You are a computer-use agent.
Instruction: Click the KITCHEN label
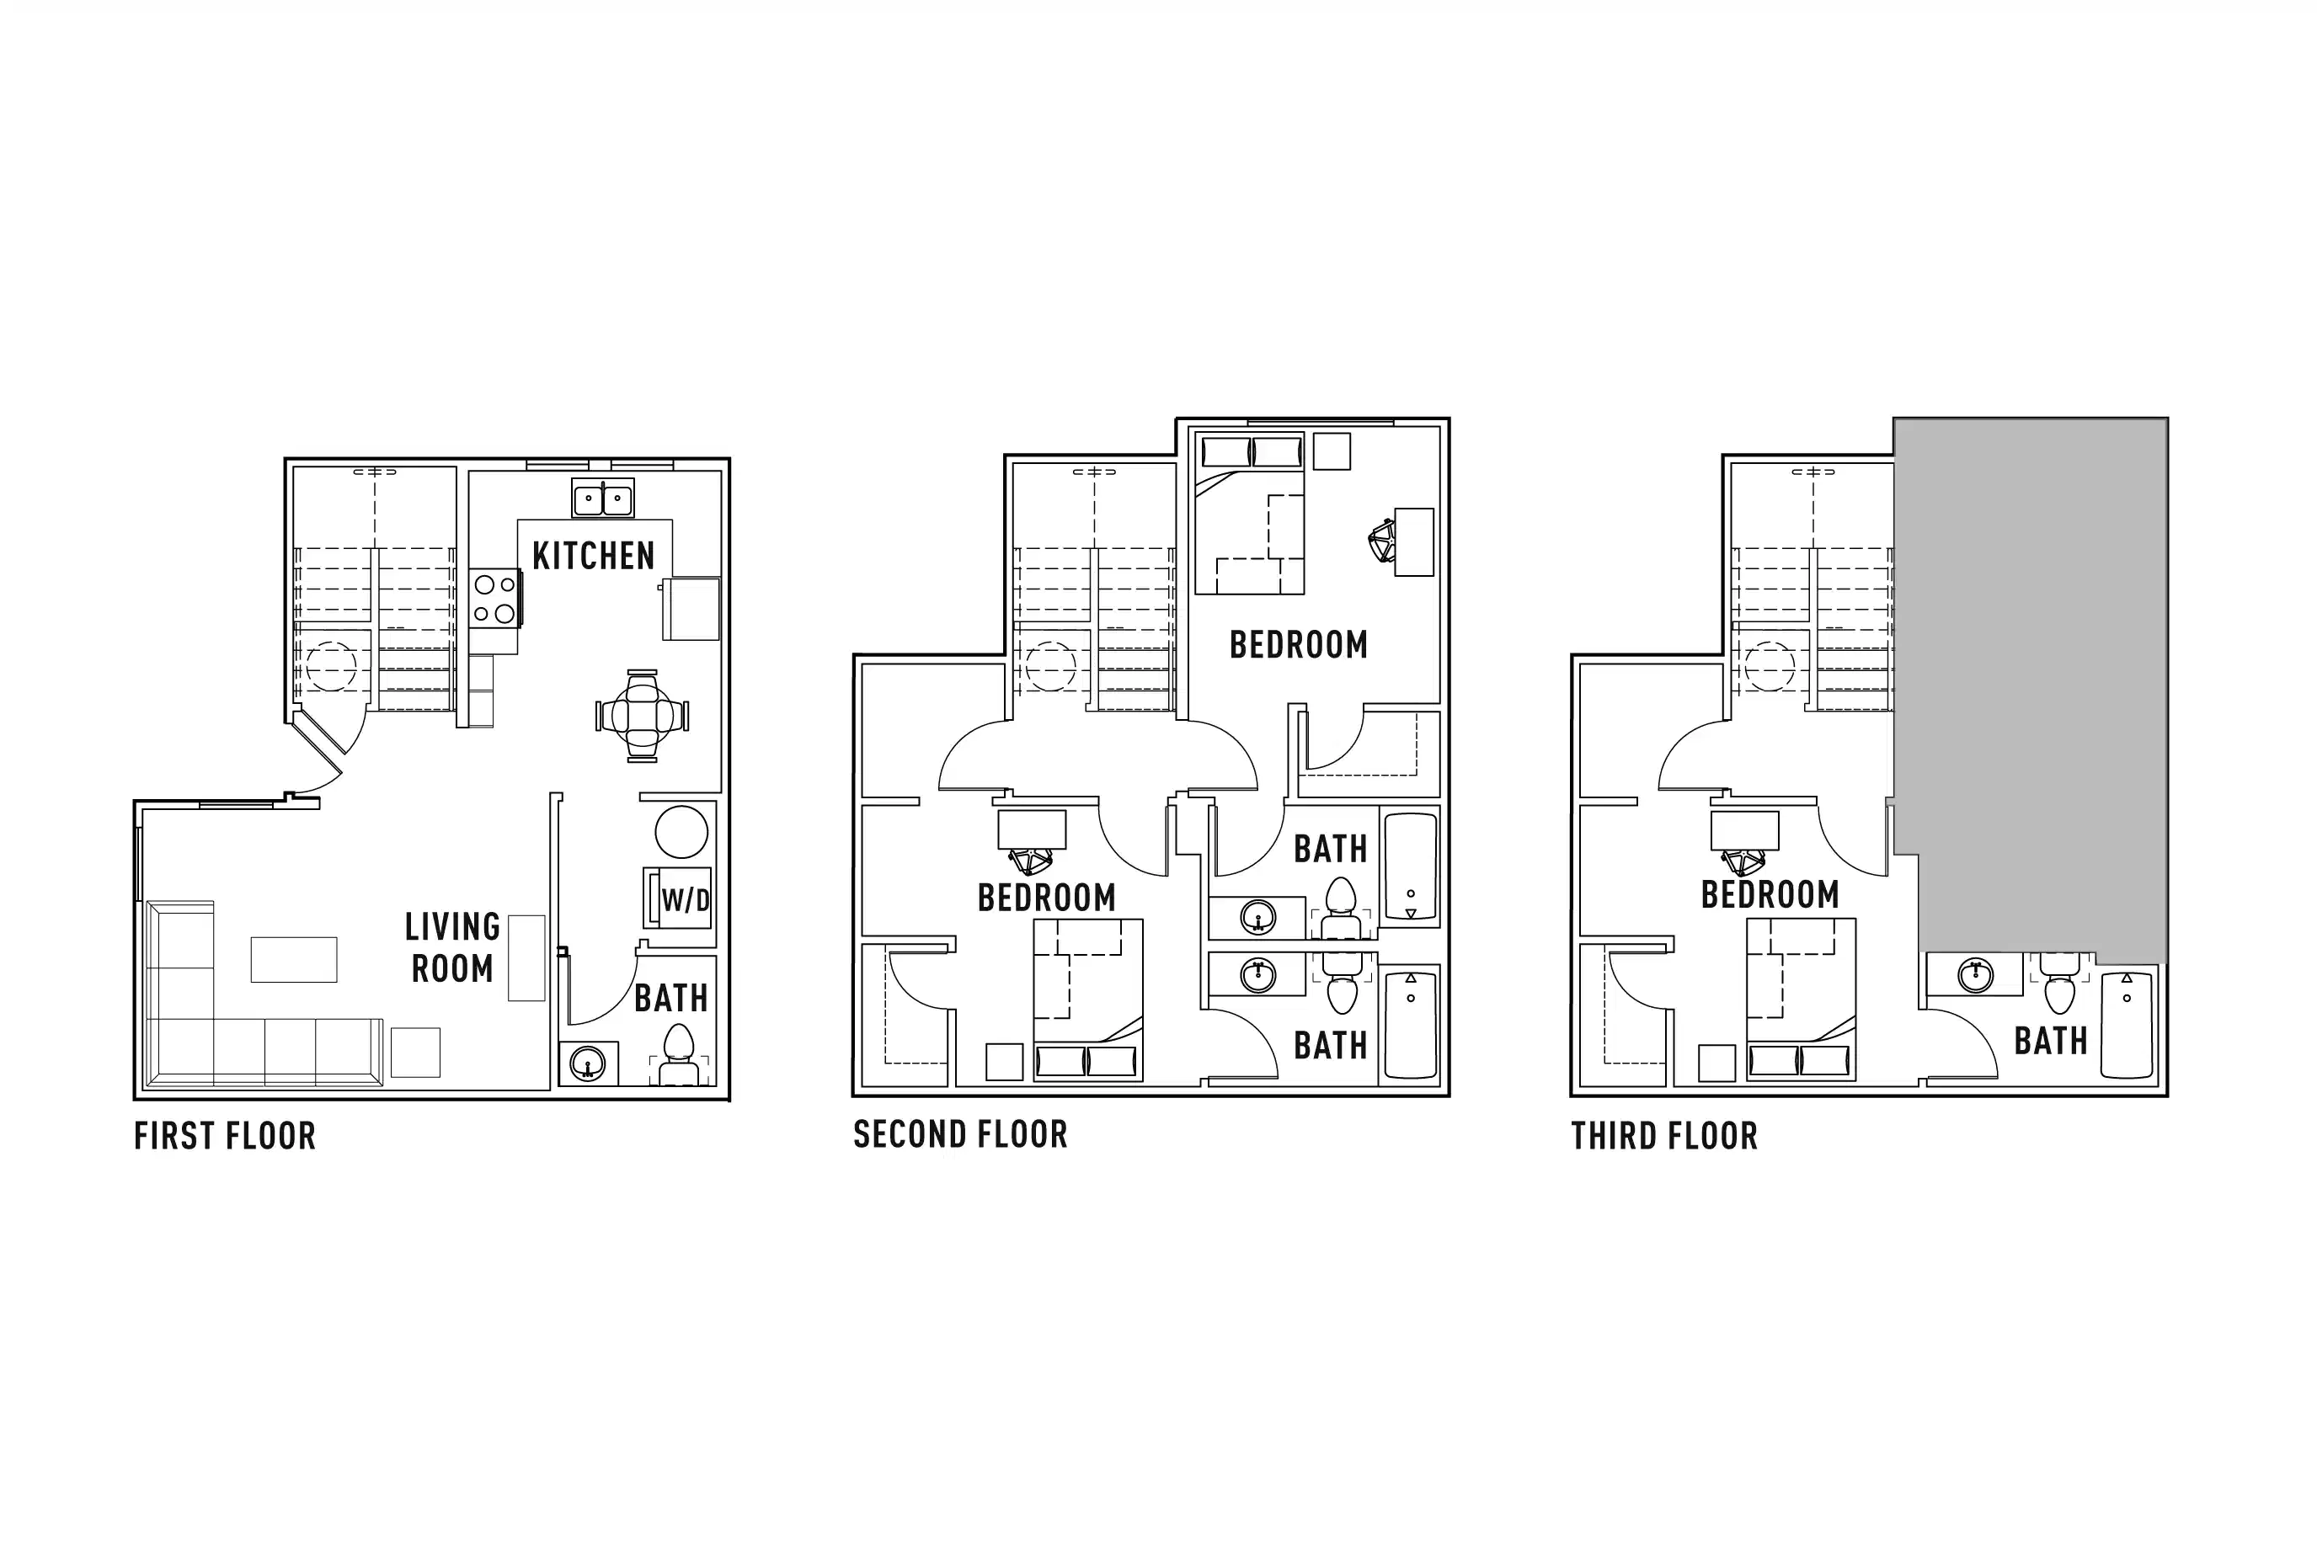click(x=593, y=556)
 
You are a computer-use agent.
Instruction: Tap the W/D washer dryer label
click(x=686, y=900)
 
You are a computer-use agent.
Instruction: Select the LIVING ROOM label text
click(x=452, y=947)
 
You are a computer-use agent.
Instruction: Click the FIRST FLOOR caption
click(x=225, y=1137)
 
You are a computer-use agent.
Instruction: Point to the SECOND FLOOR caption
click(x=960, y=1134)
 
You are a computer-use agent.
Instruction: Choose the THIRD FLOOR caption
click(x=1664, y=1137)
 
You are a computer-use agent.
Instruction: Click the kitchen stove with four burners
click(x=494, y=598)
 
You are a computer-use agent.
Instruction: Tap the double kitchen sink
click(x=603, y=498)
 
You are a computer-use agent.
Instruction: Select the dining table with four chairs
click(x=643, y=715)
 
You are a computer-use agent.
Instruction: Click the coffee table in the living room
click(x=294, y=959)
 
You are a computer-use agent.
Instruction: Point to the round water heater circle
click(x=681, y=831)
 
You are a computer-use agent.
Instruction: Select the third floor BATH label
click(x=2050, y=1042)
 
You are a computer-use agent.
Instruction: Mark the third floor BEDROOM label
click(x=1770, y=894)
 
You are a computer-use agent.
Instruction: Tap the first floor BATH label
click(x=670, y=998)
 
